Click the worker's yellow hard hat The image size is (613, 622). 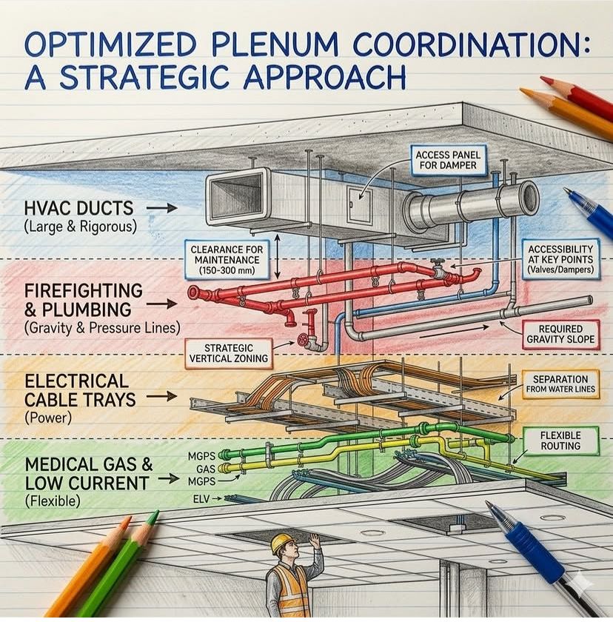pos(280,544)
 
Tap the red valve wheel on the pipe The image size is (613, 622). pos(302,340)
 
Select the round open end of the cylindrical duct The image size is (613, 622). pos(528,198)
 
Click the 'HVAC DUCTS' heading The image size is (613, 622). pos(72,209)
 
